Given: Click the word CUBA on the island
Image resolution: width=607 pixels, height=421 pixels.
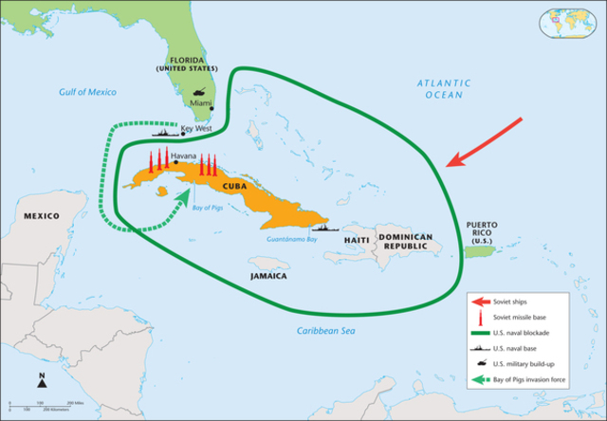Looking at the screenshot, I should [233, 186].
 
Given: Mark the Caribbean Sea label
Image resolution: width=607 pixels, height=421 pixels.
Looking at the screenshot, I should [322, 331].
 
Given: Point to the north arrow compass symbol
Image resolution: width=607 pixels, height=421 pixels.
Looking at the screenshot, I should [43, 381].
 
